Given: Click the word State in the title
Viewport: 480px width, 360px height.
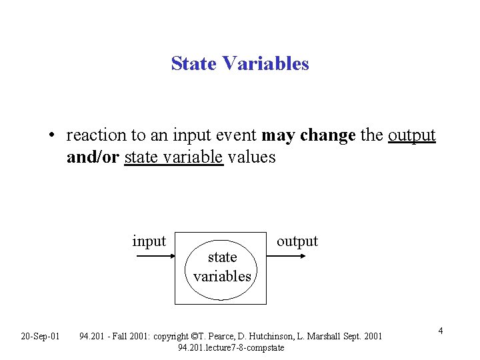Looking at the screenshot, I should pos(194,63).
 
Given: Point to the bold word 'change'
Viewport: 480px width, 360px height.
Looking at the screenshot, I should pos(327,136).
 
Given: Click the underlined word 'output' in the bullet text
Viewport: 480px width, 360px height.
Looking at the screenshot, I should pos(411,136).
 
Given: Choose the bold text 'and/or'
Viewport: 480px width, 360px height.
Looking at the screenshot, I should pos(93,159).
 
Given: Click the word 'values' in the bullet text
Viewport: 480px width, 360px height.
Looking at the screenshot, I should pos(251,159).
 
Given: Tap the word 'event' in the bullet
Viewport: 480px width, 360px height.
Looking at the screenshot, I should pos(237,136).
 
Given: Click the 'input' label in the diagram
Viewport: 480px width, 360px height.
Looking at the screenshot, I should pos(149,241).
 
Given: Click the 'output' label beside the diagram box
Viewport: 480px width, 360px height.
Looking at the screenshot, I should pos(297,241).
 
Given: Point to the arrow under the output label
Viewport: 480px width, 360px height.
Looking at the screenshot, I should pos(291,254).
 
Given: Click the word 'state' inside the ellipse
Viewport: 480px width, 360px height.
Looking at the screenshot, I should pos(222,257).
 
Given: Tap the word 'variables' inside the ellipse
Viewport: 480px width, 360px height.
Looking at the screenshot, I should pos(222,275).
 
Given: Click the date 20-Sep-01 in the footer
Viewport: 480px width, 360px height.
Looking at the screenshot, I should pos(40,335).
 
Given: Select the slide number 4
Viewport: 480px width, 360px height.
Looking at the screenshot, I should pos(441,331).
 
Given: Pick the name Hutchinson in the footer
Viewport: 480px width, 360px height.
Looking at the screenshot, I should pos(274,335).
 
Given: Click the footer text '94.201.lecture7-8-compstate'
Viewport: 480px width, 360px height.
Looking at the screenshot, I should pos(231,347).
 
